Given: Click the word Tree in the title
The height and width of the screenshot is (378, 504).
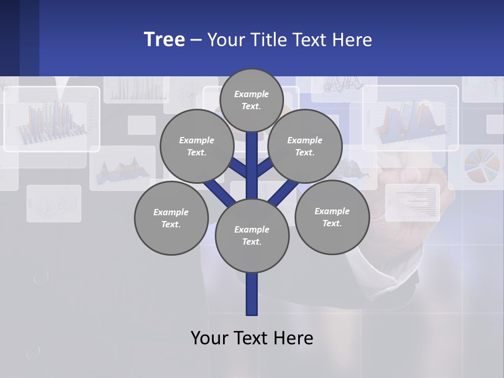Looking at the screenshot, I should point(164,39).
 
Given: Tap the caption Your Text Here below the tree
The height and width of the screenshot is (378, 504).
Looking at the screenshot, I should point(252,338).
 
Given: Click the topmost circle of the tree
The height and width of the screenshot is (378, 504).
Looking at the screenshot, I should point(251,100).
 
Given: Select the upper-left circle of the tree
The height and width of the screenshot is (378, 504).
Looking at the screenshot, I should point(197,146).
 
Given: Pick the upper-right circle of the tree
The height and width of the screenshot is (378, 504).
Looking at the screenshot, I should point(305,146).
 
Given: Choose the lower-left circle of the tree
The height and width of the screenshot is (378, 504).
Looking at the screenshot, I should point(171,218).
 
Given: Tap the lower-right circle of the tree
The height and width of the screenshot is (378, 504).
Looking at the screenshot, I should point(332,217).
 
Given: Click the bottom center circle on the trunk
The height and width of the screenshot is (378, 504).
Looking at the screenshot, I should point(252,236).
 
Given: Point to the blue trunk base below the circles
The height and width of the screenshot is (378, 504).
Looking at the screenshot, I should point(252,294).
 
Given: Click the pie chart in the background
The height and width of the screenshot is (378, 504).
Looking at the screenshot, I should point(481,165).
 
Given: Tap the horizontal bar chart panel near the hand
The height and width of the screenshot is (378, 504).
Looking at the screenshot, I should point(413,202).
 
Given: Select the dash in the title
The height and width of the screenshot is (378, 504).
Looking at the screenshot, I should point(196,40).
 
